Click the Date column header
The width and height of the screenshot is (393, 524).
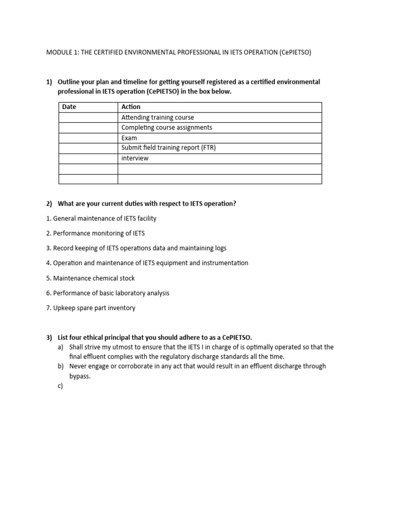(69, 107)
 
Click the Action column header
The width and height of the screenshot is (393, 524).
(131, 107)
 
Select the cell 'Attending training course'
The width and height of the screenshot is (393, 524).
(158, 117)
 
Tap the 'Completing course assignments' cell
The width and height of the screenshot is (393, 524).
(166, 127)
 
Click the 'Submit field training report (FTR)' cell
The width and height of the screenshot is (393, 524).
(172, 148)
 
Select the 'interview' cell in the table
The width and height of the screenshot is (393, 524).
(135, 158)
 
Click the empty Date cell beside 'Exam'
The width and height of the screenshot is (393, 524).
(88, 138)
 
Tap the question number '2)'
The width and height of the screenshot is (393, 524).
(50, 203)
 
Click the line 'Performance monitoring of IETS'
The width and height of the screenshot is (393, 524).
(95, 233)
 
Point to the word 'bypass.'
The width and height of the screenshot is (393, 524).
(80, 376)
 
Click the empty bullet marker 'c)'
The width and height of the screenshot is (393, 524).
(60, 386)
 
